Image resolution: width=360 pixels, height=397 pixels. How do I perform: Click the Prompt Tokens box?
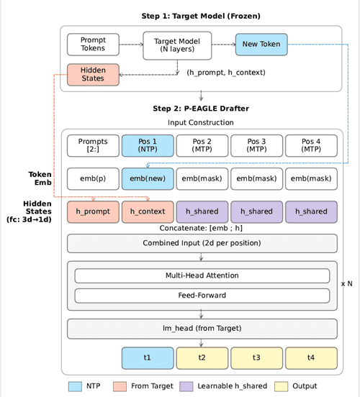93,45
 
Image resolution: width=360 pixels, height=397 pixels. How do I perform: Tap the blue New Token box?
261,45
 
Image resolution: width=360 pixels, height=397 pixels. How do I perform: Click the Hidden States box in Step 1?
93,75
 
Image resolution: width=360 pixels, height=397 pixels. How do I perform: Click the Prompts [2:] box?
93,145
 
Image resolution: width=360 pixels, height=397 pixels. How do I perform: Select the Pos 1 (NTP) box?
148,145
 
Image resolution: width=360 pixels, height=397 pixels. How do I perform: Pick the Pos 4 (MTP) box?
311,145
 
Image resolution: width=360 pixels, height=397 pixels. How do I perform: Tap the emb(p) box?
93,178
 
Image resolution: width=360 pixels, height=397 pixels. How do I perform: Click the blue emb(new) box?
148,178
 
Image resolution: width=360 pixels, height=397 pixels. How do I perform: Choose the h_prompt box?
93,211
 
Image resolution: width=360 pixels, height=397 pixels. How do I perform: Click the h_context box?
148,211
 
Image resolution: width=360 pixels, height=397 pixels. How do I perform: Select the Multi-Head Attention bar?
202,275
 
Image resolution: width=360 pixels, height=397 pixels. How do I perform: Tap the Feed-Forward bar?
202,295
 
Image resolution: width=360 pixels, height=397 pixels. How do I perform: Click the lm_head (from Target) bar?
202,329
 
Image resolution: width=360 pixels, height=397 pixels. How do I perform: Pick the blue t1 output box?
148,357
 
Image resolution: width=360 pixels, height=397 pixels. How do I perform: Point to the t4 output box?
311,357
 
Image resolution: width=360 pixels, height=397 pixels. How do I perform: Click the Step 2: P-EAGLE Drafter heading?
202,108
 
